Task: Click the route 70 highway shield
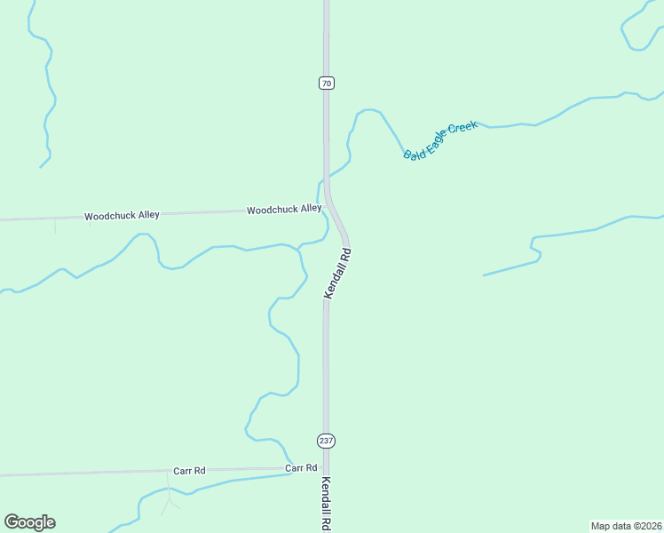pyautogui.click(x=327, y=84)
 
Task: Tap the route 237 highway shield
pyautogui.click(x=327, y=441)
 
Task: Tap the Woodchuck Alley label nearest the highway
pyautogui.click(x=284, y=210)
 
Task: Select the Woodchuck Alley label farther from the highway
pyautogui.click(x=122, y=216)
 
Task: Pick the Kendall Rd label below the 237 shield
pyautogui.click(x=326, y=504)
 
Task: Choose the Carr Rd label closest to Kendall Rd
pyautogui.click(x=301, y=468)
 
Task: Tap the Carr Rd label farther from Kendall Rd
pyautogui.click(x=189, y=471)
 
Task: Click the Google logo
pyautogui.click(x=29, y=522)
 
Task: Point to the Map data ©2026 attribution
pyautogui.click(x=627, y=526)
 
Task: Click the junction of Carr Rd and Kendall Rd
pyautogui.click(x=326, y=468)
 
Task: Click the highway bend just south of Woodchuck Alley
pyautogui.click(x=341, y=227)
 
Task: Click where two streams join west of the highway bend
pyautogui.click(x=299, y=246)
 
